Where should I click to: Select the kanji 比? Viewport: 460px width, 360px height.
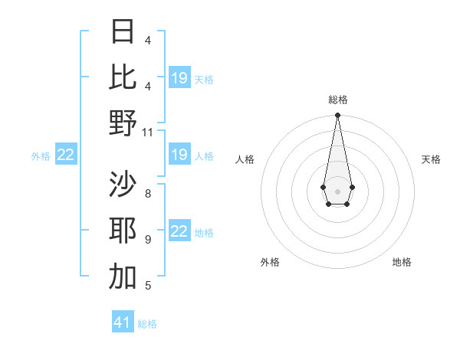pyautogui.click(x=123, y=77)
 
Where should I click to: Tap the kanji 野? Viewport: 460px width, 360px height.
pyautogui.click(x=123, y=123)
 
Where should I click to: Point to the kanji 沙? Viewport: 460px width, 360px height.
pyautogui.click(x=123, y=184)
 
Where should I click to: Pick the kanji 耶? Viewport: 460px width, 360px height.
pyautogui.click(x=123, y=231)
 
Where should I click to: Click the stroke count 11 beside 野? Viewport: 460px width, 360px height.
pyautogui.click(x=149, y=132)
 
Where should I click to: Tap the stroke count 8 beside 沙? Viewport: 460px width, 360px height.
pyautogui.click(x=148, y=193)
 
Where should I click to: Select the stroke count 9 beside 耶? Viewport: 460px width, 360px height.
pyautogui.click(x=148, y=240)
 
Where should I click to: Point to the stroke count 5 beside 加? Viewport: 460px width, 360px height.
pyautogui.click(x=148, y=286)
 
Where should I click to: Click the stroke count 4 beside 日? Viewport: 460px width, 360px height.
pyautogui.click(x=148, y=40)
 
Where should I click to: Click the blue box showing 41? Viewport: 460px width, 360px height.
pyautogui.click(x=123, y=322)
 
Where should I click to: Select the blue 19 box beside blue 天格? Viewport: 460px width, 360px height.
pyautogui.click(x=179, y=78)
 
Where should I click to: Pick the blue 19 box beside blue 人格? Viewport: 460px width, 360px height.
pyautogui.click(x=179, y=155)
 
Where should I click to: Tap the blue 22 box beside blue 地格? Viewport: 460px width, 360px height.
pyautogui.click(x=179, y=232)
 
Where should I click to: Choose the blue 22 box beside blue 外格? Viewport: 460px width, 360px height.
pyautogui.click(x=66, y=155)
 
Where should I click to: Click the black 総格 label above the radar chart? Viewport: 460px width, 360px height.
pyautogui.click(x=337, y=100)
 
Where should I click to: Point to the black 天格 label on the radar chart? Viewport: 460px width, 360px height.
pyautogui.click(x=432, y=159)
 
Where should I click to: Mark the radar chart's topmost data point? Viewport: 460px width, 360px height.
pyautogui.click(x=337, y=116)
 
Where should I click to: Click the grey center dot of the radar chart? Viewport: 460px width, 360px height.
pyautogui.click(x=337, y=190)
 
